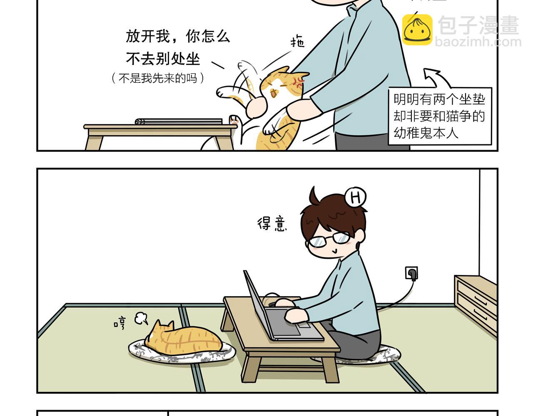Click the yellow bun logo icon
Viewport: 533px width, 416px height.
point(417,30)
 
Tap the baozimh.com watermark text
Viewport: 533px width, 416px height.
point(478,42)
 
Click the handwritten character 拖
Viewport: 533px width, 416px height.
point(298,42)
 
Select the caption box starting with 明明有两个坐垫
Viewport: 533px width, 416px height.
point(440,116)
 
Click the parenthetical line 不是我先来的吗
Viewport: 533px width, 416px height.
point(158,78)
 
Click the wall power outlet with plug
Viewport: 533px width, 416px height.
point(411,273)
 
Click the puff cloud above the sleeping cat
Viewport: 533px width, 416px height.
point(141,318)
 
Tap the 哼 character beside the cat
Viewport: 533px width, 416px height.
point(120,323)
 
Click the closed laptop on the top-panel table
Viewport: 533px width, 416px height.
point(179,121)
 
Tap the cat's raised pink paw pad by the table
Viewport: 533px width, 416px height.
point(233,120)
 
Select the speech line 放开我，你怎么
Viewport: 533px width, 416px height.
point(178,37)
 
